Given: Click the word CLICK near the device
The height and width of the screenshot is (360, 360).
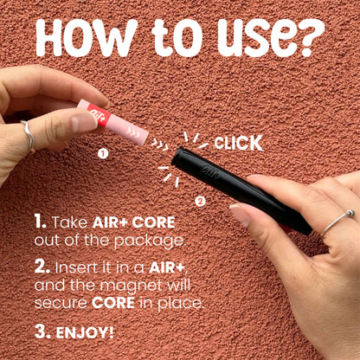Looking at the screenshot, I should coord(238,143).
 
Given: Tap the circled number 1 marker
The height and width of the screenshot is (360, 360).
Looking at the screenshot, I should coord(103,154).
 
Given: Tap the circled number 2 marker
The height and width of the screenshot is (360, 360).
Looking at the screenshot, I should coord(200,202).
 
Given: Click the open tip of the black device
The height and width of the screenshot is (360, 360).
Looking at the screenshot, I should coord(177,157).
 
